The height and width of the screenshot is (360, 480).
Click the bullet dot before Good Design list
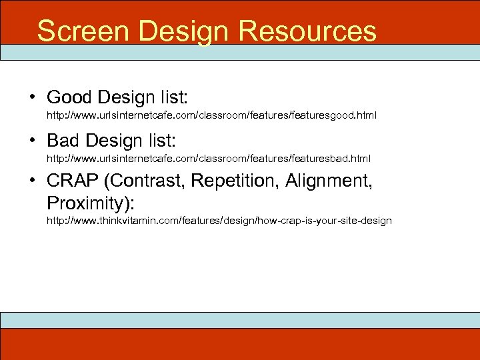(32, 98)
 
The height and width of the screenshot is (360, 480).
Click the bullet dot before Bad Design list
(32, 141)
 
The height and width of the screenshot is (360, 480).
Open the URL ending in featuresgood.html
(211, 116)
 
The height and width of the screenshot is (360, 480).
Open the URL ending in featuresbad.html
(208, 159)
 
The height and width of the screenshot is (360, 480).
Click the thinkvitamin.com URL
(219, 221)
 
